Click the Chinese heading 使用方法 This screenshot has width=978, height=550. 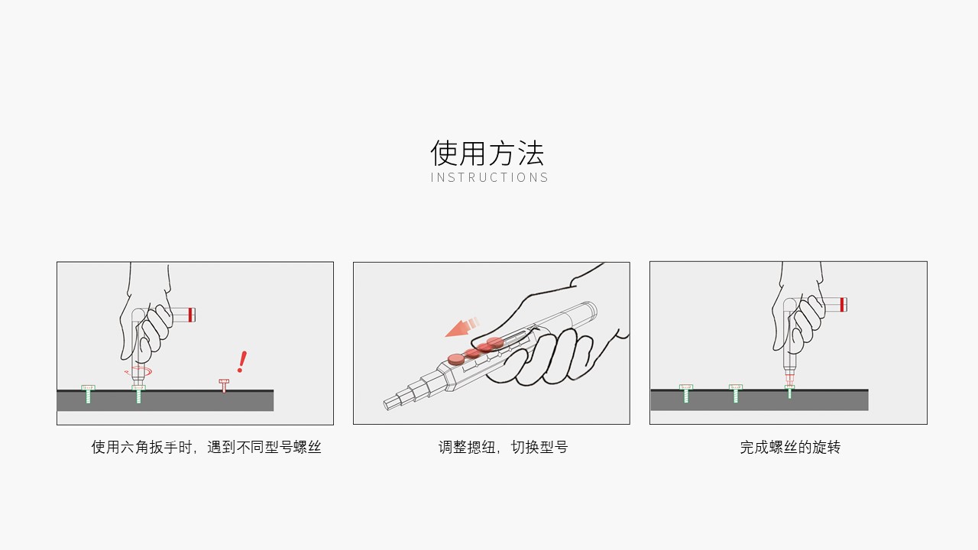(x=487, y=153)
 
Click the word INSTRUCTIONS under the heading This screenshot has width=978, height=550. (x=489, y=178)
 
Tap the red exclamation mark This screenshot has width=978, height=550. (x=242, y=361)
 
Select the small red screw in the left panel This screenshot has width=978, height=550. (x=224, y=385)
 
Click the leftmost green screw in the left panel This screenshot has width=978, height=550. (x=88, y=393)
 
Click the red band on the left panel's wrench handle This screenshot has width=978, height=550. (x=191, y=314)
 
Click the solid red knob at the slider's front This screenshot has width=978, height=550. (x=456, y=357)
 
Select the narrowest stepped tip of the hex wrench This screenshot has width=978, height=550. (x=391, y=403)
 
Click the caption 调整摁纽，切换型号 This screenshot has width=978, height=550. (x=503, y=448)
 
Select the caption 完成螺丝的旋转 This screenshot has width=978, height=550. (x=789, y=448)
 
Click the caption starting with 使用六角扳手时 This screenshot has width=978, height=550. (x=206, y=448)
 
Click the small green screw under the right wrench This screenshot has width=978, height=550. (x=790, y=392)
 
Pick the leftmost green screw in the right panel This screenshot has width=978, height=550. (x=685, y=393)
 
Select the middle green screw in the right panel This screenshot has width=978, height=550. (x=735, y=393)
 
